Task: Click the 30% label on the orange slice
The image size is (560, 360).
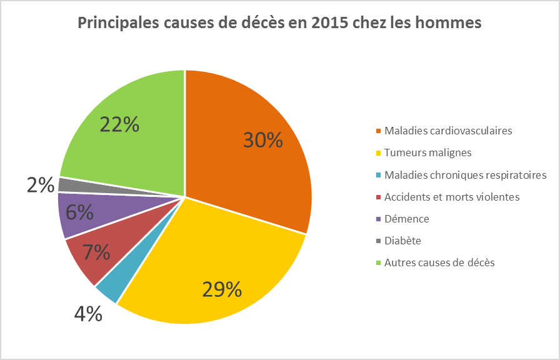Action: coord(262,140)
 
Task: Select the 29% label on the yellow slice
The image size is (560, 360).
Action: coord(221,289)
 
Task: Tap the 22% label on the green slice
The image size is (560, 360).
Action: coord(119,124)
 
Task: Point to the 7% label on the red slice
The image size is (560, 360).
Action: coord(97,252)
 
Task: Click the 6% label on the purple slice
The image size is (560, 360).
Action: coord(80,212)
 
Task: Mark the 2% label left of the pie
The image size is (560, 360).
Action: coord(40,185)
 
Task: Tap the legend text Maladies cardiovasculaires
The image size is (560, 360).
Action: coord(448,131)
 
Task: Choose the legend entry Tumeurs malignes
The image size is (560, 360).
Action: coord(427,152)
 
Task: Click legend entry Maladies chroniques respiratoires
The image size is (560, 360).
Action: coord(465,174)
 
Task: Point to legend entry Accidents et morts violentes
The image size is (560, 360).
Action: coord(452,197)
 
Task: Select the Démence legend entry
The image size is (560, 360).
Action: coord(407,219)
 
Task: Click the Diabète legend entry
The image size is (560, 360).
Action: coord(402,241)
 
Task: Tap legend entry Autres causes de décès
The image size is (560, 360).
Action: coord(439,262)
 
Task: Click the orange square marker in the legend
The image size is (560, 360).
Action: coord(378,131)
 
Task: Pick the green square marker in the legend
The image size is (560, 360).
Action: coord(378,262)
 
